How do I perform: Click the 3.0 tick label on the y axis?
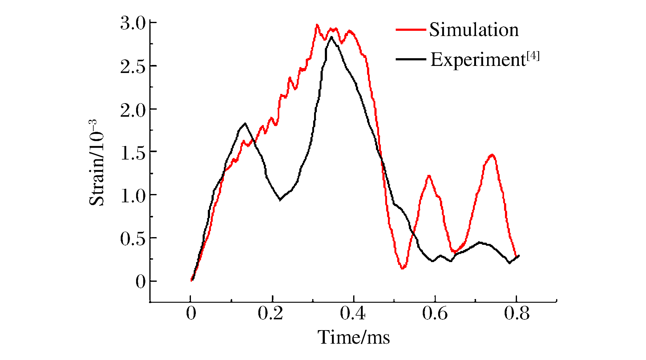[132, 24]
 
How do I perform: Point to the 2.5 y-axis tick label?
[132, 67]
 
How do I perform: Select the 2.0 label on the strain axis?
[132, 110]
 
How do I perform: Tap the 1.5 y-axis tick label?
[132, 153]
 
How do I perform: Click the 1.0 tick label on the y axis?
[132, 196]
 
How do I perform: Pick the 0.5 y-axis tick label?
[132, 239]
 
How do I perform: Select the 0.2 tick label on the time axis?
[270, 313]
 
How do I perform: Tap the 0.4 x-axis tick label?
[353, 313]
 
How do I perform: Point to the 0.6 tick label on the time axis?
[434, 313]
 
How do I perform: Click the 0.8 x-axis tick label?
[516, 313]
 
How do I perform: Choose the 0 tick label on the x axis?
[191, 313]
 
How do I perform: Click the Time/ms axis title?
[353, 337]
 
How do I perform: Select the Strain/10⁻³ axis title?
[97, 162]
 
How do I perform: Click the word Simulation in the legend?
[474, 30]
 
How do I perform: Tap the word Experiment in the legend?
[478, 59]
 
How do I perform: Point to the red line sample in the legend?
[410, 30]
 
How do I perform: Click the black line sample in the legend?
[410, 59]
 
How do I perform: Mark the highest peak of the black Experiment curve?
[331, 37]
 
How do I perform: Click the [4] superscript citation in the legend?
[533, 56]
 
